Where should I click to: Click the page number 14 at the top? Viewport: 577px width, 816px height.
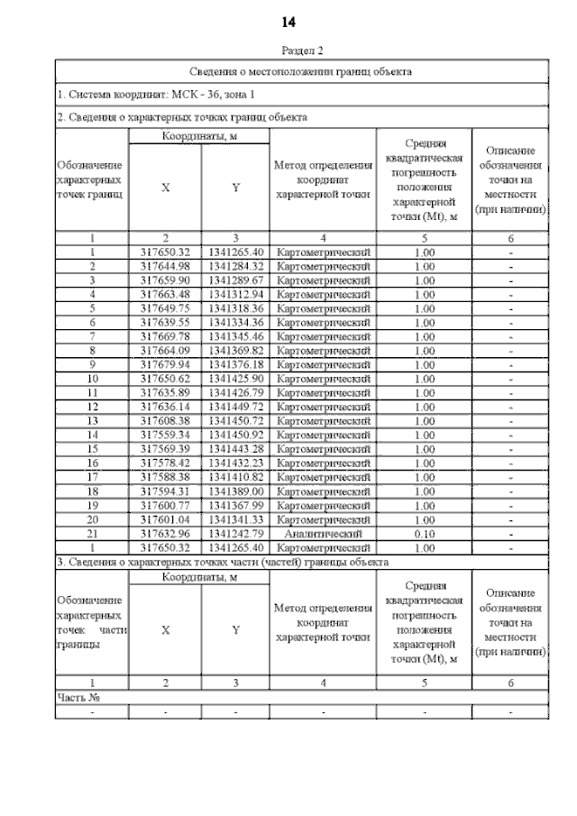pyautogui.click(x=288, y=23)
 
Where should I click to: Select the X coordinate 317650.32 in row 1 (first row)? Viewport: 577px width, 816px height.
pyautogui.click(x=165, y=252)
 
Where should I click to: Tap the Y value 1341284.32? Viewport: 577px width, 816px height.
pyautogui.click(x=235, y=266)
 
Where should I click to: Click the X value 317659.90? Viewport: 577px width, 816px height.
pyautogui.click(x=165, y=280)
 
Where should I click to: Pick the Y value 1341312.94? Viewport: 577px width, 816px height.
pyautogui.click(x=235, y=294)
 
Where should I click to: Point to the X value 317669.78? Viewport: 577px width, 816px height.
pyautogui.click(x=165, y=336)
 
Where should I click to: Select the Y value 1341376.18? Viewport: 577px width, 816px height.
pyautogui.click(x=235, y=364)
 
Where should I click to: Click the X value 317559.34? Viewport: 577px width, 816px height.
pyautogui.click(x=165, y=435)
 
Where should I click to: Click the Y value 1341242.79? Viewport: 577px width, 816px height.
pyautogui.click(x=235, y=533)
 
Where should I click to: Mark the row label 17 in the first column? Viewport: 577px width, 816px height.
pyautogui.click(x=91, y=477)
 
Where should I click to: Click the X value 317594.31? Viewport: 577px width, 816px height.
pyautogui.click(x=165, y=491)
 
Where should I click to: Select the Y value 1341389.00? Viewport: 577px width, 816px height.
pyautogui.click(x=235, y=491)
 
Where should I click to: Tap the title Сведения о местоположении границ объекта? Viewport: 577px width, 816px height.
pyautogui.click(x=301, y=70)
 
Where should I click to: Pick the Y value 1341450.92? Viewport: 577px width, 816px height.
pyautogui.click(x=235, y=435)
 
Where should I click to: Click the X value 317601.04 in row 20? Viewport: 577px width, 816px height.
pyautogui.click(x=165, y=519)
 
